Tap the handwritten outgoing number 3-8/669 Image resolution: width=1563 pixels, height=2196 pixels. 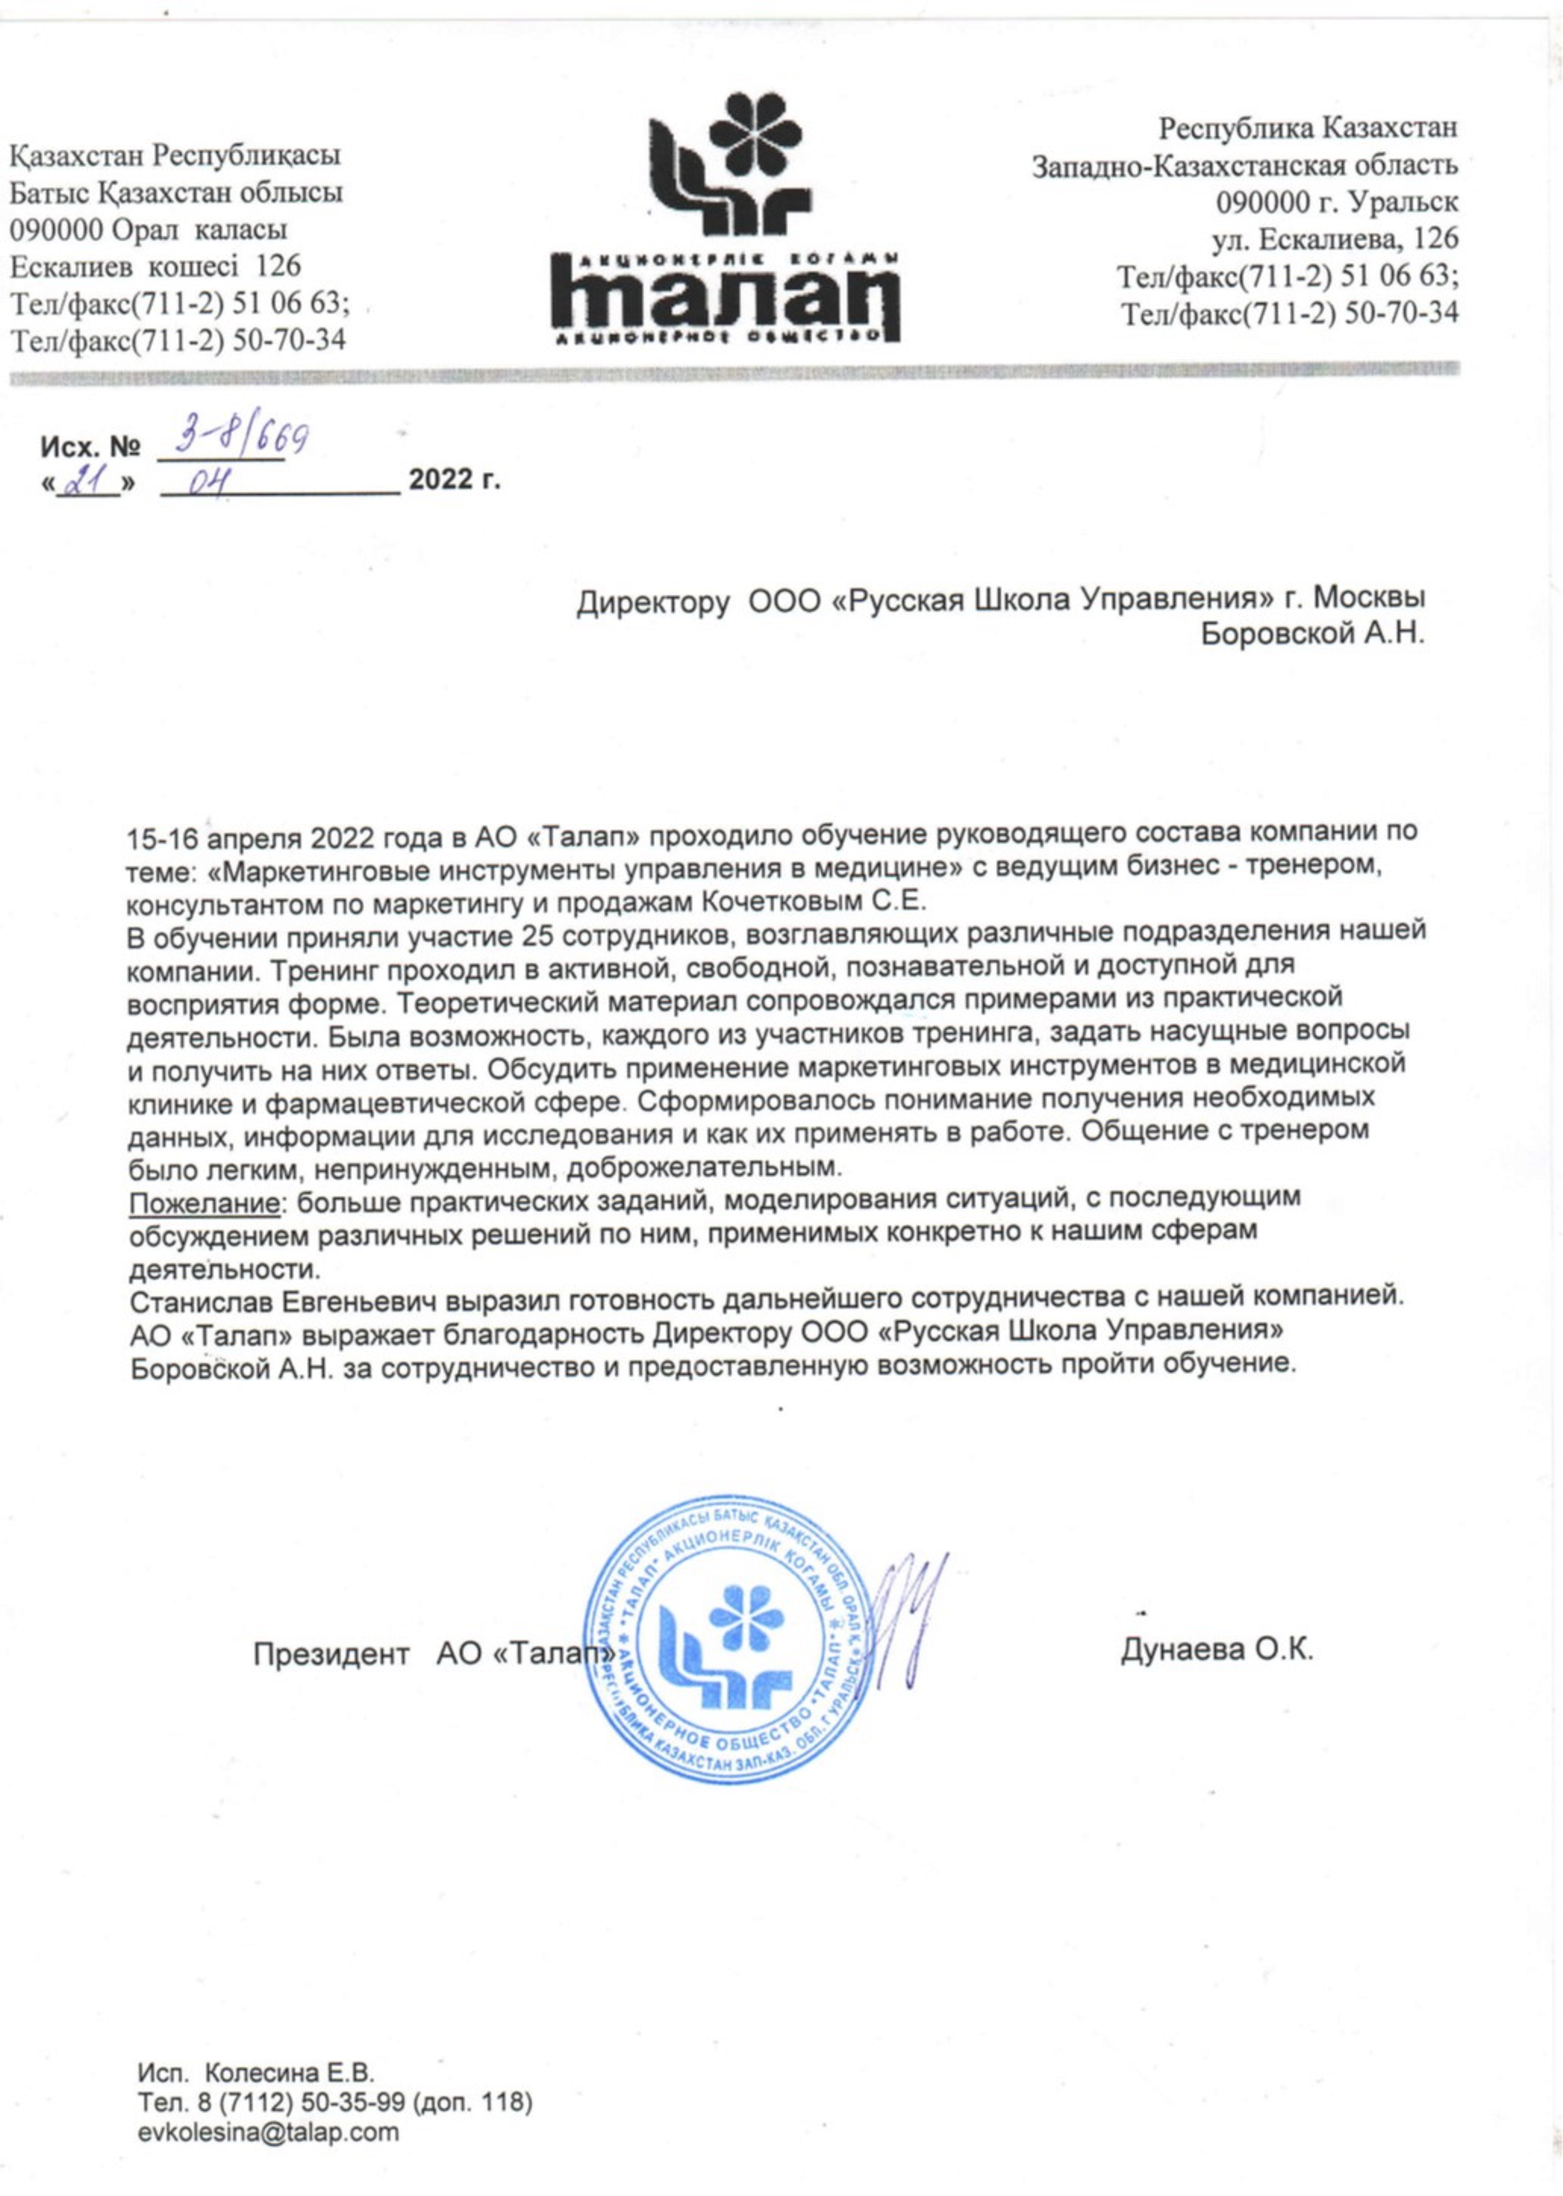coord(232,441)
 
